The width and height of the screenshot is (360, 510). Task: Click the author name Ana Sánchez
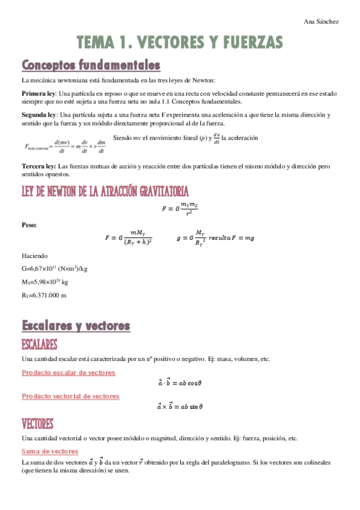322,21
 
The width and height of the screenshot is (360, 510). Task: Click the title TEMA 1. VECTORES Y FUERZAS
180,42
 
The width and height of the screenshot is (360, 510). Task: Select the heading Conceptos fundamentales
91,64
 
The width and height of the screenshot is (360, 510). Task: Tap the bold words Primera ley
38,94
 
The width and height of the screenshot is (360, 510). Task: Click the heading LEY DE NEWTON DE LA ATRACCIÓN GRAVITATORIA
105,191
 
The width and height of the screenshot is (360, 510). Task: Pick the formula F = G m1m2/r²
180,208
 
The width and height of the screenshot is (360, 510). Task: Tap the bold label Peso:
29,225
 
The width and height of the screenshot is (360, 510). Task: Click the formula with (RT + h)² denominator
128,238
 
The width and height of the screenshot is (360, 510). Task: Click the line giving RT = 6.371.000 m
44,295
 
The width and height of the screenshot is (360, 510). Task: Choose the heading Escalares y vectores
76,326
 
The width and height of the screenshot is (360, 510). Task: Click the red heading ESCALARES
40,345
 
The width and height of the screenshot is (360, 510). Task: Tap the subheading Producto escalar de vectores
68,373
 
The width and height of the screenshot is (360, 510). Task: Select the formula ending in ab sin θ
180,407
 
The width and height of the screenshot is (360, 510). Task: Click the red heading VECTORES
37,423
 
